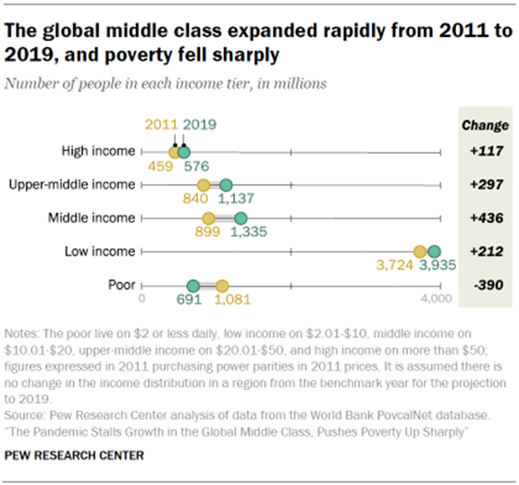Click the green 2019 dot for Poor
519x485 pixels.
[193, 285]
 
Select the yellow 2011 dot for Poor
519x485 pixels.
[222, 285]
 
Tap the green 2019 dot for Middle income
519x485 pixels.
[241, 218]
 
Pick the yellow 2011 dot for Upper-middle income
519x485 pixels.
[204, 185]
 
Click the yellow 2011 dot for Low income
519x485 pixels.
[419, 252]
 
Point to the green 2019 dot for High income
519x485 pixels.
[184, 152]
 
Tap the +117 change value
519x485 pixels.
[484, 151]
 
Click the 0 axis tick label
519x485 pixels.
[142, 300]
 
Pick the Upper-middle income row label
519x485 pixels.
[71, 185]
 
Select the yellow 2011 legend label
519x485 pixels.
[161, 123]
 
